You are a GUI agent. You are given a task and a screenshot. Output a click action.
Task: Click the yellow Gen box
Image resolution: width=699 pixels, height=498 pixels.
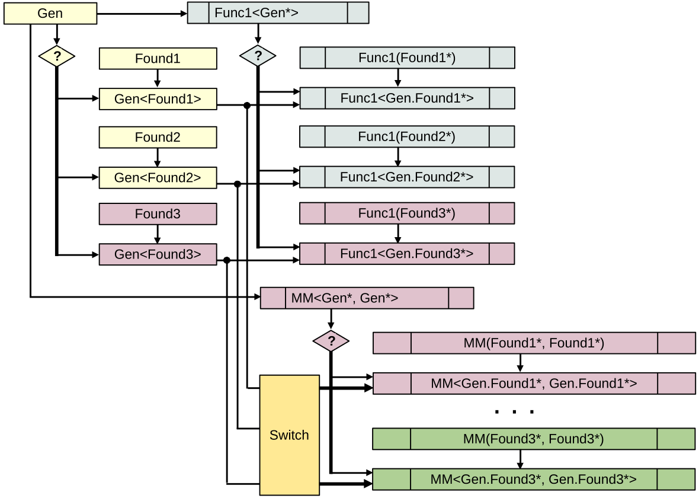point(50,14)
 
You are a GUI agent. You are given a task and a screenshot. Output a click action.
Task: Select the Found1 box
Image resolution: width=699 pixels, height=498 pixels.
point(158,59)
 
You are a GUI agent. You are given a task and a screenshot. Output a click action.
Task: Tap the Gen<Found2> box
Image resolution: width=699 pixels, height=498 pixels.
point(158,177)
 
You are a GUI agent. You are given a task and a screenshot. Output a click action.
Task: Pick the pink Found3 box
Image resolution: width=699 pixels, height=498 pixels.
point(158,213)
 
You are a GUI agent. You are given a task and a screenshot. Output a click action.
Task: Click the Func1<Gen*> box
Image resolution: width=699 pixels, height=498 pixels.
point(278,12)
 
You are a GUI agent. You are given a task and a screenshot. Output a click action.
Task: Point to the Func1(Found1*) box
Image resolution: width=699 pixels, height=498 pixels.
point(407,58)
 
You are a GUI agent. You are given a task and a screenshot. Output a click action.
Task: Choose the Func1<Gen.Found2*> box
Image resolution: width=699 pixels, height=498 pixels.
point(407,177)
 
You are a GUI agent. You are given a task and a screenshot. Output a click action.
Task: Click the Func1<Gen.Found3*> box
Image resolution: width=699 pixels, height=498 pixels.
point(407,253)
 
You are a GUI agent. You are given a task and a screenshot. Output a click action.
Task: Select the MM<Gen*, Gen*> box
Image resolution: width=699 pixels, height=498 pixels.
point(367,298)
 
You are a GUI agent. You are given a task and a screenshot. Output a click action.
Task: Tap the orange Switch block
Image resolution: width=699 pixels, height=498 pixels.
point(289,435)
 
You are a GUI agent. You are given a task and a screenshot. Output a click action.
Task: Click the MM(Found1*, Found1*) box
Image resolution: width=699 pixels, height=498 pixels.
point(534,343)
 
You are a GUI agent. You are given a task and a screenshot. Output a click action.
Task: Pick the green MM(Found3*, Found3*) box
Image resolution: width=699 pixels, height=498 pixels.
point(533,439)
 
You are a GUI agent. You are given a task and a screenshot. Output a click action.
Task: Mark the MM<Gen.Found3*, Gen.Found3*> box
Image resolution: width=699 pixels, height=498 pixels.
point(533,479)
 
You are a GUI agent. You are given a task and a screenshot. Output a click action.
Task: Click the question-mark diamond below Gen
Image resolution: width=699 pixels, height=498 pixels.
point(57,57)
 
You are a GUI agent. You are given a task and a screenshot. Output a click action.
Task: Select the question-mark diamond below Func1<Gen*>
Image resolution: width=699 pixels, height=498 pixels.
point(258,57)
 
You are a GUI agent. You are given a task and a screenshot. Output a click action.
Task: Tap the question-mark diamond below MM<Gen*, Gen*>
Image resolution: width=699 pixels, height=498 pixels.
point(331,341)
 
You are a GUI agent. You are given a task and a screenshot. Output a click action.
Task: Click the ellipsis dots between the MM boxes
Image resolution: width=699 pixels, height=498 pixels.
point(514,411)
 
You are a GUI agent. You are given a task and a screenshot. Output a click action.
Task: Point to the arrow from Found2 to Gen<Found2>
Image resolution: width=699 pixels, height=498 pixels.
point(158,157)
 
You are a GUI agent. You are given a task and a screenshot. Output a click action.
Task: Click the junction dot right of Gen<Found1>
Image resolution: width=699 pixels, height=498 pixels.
point(246,106)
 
